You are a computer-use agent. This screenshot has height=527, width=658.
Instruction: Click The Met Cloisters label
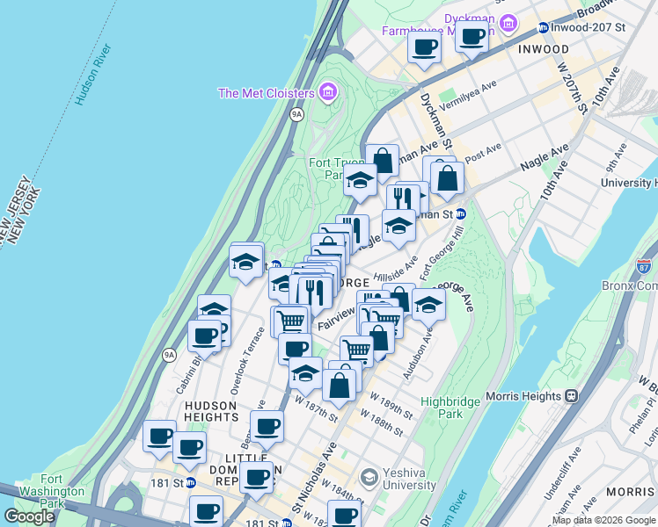pyautogui.click(x=266, y=93)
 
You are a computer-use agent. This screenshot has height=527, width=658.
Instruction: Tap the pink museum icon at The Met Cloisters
pyautogui.click(x=327, y=91)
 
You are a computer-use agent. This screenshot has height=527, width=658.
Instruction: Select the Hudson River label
pyautogui.click(x=92, y=75)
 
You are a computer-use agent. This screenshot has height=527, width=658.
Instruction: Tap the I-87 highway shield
pyautogui.click(x=646, y=264)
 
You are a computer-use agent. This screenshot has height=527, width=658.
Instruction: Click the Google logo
pyautogui.click(x=30, y=516)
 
